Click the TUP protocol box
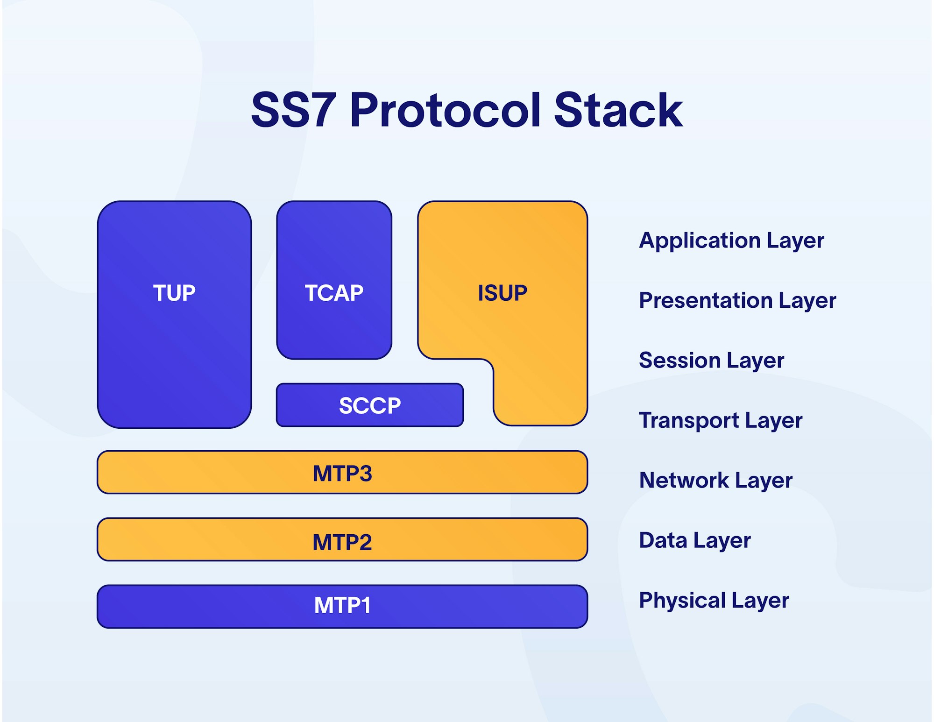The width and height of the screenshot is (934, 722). coord(174,314)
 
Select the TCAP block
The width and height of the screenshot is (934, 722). coord(334,280)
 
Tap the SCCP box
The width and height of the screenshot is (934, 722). coord(370,405)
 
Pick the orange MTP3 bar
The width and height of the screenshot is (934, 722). coord(342,472)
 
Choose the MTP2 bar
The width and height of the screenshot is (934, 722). coord(342,539)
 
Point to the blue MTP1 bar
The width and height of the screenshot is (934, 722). coord(342,607)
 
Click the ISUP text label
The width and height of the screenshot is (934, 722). coord(502,293)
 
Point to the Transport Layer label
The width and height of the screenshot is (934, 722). coord(721,421)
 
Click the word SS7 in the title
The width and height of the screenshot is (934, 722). coord(294,110)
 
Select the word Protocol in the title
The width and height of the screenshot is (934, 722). coord(446,110)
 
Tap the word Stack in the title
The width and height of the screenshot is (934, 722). coord(618,110)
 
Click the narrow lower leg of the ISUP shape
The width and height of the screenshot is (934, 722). coord(540,392)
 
